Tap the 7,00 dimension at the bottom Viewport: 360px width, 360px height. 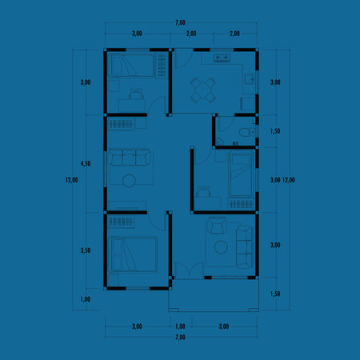pos(180,338)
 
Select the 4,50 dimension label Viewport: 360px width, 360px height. pos(86,163)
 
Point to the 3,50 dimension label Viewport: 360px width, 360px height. pos(86,250)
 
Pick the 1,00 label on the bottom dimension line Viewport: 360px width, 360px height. pos(180,326)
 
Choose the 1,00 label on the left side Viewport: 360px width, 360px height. pos(86,299)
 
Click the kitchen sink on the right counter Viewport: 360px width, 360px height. pos(250,80)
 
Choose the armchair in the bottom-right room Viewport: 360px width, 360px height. pos(216,228)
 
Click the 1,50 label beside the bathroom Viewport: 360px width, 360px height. pos(275,130)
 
